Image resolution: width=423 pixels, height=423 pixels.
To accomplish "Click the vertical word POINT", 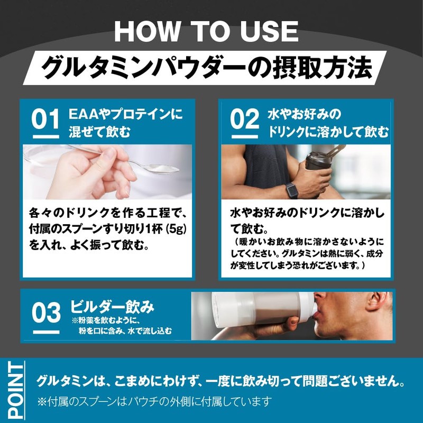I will click(16, 391).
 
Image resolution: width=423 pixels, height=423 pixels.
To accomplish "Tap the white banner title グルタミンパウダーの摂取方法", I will click(206, 67).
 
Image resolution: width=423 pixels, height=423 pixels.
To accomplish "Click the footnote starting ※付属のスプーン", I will click(154, 401).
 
